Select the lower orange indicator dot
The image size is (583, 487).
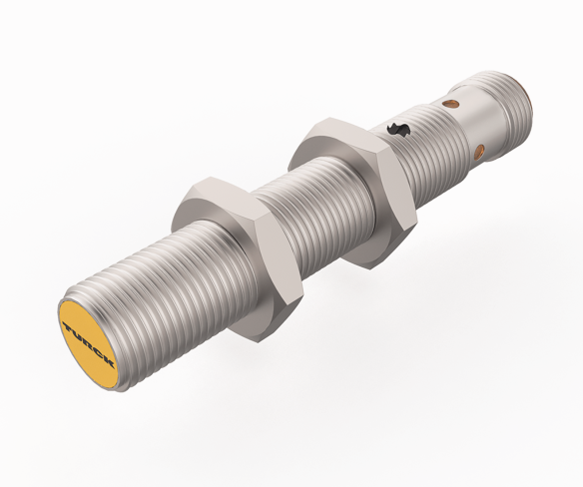(480, 153)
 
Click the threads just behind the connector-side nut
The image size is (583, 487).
(419, 150)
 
